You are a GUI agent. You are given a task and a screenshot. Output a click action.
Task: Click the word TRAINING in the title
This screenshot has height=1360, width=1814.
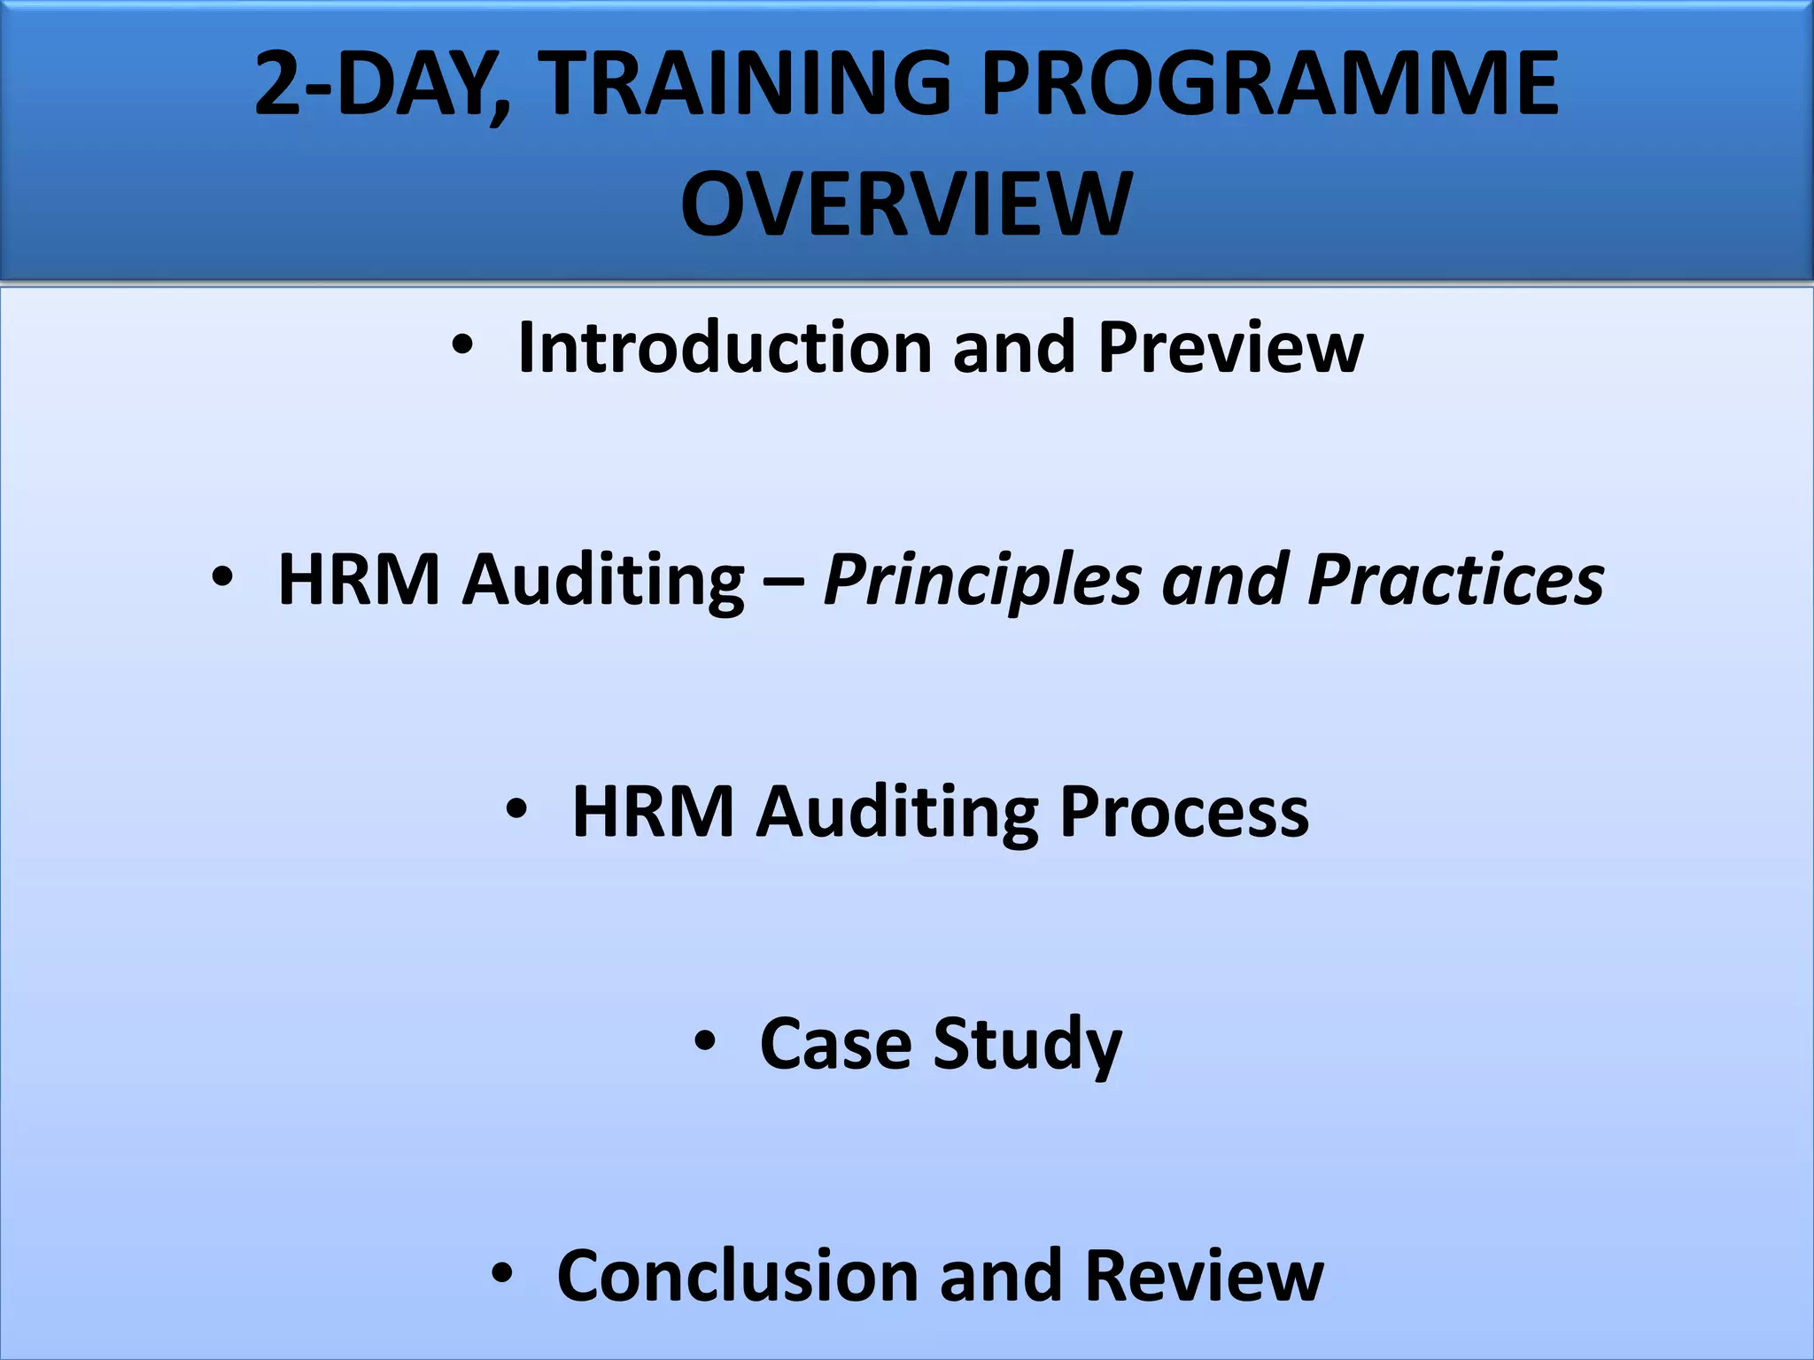click(x=745, y=83)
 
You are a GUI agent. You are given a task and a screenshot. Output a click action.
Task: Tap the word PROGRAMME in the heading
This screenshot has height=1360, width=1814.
click(x=1268, y=83)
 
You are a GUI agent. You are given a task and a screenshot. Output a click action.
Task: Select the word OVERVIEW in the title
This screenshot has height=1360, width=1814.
click(x=906, y=205)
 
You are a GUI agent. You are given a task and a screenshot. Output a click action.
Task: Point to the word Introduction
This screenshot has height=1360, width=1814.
click(x=725, y=347)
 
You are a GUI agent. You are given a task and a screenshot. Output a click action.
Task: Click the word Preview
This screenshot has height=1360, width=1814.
click(x=1230, y=347)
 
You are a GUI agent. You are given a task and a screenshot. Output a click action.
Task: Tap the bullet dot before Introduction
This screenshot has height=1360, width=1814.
click(x=461, y=346)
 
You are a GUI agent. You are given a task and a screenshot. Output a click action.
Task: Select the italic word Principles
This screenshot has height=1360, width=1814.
click(x=981, y=581)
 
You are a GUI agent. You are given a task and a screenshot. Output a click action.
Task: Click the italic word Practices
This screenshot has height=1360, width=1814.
click(x=1455, y=579)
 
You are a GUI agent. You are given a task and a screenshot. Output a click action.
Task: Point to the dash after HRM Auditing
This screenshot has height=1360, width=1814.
click(x=784, y=582)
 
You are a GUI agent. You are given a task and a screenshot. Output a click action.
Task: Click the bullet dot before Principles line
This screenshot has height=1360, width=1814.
click(x=222, y=578)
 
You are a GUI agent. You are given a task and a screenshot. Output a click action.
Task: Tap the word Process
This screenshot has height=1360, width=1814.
click(x=1183, y=812)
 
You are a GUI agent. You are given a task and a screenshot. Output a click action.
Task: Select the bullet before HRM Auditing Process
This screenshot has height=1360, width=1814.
click(x=516, y=809)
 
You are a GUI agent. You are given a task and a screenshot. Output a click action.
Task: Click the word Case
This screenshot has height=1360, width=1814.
click(x=835, y=1044)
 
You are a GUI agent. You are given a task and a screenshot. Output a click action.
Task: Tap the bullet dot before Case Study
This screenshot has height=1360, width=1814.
click(x=704, y=1041)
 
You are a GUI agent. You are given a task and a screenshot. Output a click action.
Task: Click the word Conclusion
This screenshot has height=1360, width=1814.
click(x=737, y=1276)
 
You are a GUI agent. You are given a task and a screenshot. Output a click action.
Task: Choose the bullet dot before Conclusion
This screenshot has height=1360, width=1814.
click(x=501, y=1273)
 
